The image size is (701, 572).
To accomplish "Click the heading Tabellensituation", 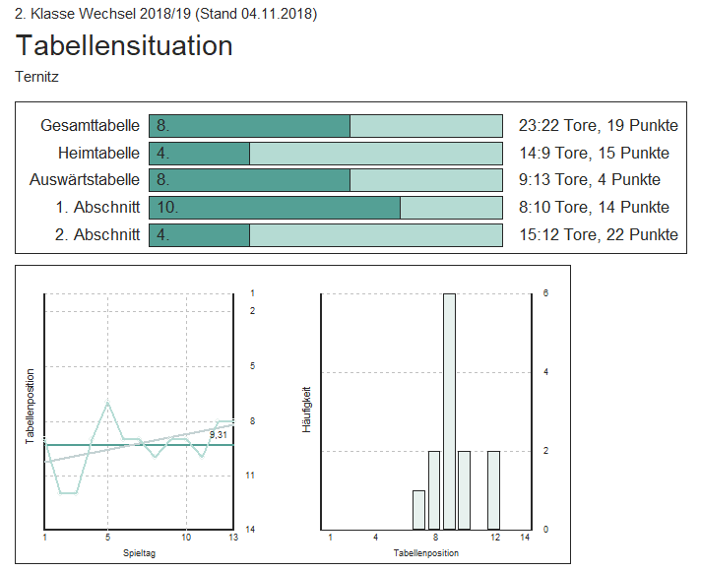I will click(124, 45).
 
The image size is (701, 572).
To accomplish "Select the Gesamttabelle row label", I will click(90, 126).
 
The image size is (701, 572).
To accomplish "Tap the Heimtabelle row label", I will click(97, 154).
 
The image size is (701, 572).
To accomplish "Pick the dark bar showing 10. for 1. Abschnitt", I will click(275, 208).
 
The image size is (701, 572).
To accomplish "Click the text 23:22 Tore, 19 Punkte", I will click(598, 126).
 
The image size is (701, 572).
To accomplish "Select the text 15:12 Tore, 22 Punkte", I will click(598, 234).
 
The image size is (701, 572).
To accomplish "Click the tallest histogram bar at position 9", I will click(449, 412).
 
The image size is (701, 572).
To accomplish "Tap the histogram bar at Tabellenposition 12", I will click(493, 489).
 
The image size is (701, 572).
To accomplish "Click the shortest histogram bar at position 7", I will click(418, 509).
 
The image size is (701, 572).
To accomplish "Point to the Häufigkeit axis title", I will click(307, 411).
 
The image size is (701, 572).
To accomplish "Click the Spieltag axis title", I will click(138, 552).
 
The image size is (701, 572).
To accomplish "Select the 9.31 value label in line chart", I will click(219, 434).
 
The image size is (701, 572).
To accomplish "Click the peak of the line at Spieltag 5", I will click(107, 404).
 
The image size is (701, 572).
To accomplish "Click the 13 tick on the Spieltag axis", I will click(232, 538).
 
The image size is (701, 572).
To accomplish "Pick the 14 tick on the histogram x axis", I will click(524, 538).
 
